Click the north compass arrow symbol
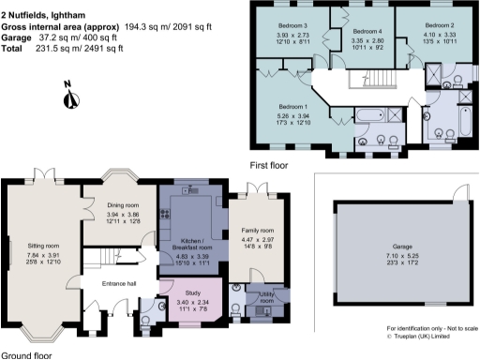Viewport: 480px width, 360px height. pyautogui.click(x=68, y=94)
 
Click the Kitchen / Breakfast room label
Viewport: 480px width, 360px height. pyautogui.click(x=191, y=244)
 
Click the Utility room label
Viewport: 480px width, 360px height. pyautogui.click(x=265, y=293)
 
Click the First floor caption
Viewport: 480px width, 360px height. pyautogui.click(x=269, y=165)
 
